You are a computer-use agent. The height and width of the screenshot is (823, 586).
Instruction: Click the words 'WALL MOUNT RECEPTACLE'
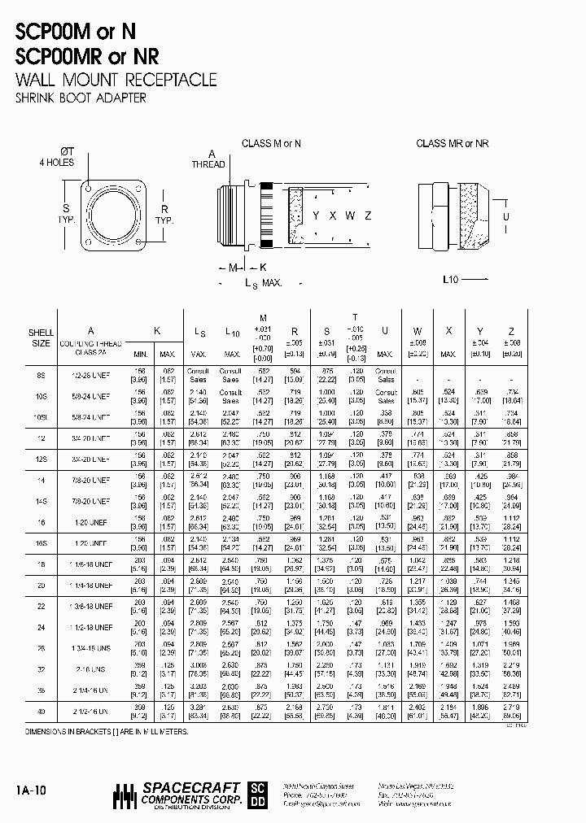(x=116, y=80)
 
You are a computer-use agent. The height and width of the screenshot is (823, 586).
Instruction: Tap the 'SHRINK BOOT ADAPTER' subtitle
(x=81, y=98)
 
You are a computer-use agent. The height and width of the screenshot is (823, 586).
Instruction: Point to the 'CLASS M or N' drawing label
(x=271, y=144)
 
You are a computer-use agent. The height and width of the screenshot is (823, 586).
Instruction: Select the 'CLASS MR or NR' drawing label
(x=453, y=144)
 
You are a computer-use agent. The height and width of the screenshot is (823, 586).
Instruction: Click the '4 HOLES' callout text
(x=57, y=162)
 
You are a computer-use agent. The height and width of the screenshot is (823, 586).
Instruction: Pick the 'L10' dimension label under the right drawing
(x=451, y=279)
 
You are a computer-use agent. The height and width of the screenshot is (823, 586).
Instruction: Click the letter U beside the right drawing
(x=505, y=216)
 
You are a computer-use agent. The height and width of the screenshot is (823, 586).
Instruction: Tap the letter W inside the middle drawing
(x=350, y=216)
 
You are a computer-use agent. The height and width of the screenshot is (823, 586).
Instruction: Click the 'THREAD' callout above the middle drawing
(x=208, y=164)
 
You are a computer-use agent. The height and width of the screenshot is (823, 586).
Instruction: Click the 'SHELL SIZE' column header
(x=41, y=337)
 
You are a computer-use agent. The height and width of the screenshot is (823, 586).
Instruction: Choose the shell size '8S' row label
(x=41, y=375)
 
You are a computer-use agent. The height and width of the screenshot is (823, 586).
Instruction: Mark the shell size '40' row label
(x=41, y=713)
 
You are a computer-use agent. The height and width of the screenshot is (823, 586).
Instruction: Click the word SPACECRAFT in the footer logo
(x=191, y=787)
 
